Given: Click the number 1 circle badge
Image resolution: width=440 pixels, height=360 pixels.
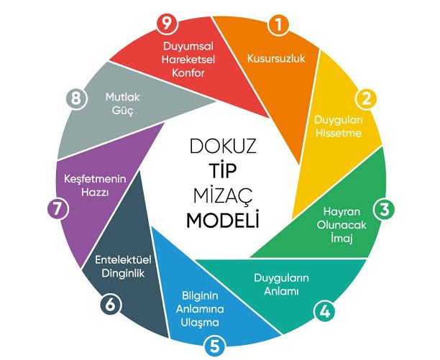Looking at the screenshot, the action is point(278,24).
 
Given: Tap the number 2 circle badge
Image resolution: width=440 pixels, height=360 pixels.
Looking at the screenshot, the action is point(366,99).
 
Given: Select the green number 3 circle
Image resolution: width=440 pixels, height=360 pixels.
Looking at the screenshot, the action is point(384,209).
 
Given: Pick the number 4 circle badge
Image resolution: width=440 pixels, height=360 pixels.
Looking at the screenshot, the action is point(325,311).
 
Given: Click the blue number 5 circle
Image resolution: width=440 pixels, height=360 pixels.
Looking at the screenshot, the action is point(215,346).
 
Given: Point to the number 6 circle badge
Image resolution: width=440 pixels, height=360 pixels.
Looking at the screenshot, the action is point(111,304).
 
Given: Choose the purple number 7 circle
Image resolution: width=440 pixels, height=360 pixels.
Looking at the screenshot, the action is point(58,209).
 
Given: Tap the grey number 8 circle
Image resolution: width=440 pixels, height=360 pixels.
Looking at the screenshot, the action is point(76,98).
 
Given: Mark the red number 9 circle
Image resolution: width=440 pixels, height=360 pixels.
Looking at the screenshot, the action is point(167,24).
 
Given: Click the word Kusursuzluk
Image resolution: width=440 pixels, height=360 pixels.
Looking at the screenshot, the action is point(276,59).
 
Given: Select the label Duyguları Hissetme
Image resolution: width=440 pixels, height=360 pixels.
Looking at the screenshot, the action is point(338,126).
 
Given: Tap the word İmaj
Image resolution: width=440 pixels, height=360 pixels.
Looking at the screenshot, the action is point(342,238).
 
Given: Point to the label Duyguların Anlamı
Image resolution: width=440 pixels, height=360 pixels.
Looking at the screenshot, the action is point(281,285).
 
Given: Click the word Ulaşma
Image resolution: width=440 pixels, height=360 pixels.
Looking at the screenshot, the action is point(200,323).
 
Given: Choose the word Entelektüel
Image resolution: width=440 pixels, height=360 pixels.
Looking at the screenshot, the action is point(123,259).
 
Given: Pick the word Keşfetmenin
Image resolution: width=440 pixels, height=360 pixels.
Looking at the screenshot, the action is point(95,179).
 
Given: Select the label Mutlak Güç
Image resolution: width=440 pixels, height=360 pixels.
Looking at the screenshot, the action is point(123,103).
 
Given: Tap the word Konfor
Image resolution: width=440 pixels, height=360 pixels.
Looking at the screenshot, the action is point(188,73).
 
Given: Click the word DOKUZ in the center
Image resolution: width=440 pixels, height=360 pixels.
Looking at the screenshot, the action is point(223,146).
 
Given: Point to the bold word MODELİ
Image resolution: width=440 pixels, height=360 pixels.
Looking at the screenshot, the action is point(223,219).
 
